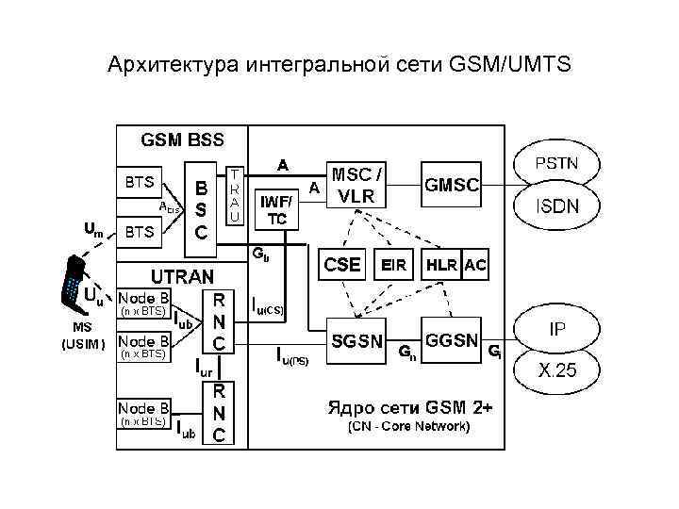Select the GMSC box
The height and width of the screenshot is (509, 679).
pyautogui.click(x=451, y=186)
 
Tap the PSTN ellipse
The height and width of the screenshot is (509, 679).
pyautogui.click(x=557, y=163)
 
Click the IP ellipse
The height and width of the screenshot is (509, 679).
pyautogui.click(x=557, y=331)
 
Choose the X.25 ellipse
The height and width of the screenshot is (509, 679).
pyautogui.click(x=557, y=369)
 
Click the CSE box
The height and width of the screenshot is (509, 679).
pyautogui.click(x=342, y=266)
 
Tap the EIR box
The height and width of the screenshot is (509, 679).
pyautogui.click(x=393, y=266)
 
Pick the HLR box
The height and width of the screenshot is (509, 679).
pyautogui.click(x=441, y=266)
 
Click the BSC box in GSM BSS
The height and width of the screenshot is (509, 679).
pyautogui.click(x=200, y=209)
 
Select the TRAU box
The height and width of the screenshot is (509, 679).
pyautogui.click(x=236, y=195)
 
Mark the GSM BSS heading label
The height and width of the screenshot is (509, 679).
pyautogui.click(x=183, y=140)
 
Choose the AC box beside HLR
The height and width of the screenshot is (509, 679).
pyautogui.click(x=476, y=266)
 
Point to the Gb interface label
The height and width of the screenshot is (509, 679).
pyautogui.click(x=259, y=254)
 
